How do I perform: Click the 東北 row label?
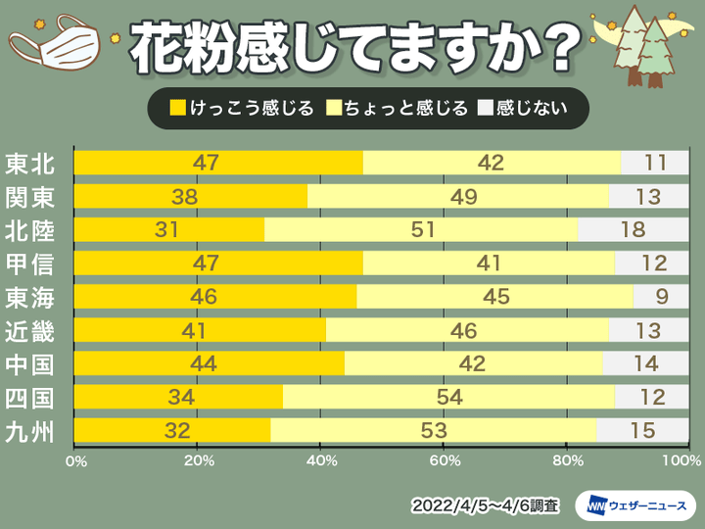coord(30,164)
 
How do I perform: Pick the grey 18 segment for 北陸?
coord(634,230)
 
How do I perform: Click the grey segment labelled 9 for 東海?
coord(661,297)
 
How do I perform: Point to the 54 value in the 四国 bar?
coord(448,397)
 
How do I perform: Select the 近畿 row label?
coord(30,330)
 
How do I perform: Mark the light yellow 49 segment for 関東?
coord(457,197)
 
